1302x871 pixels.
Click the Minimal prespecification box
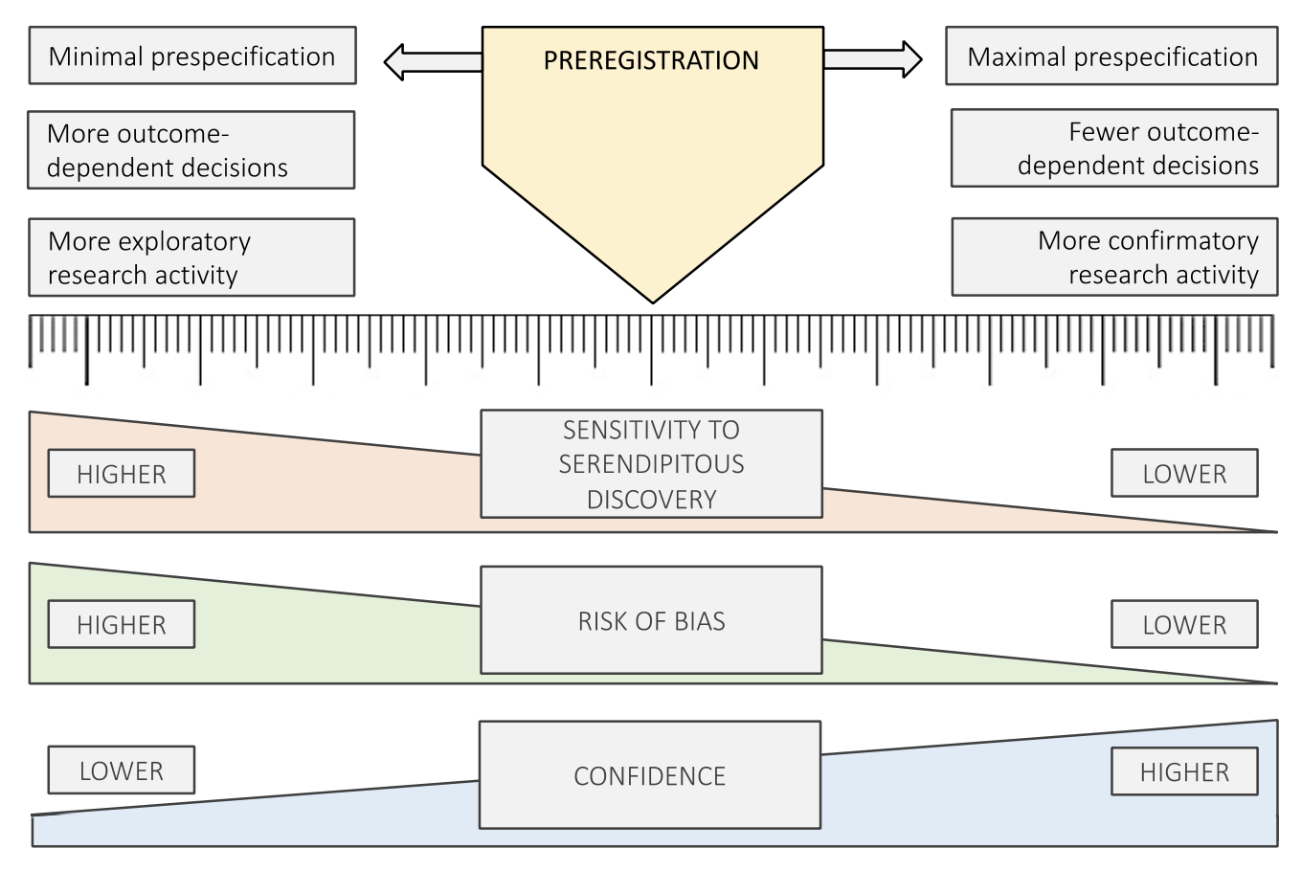coord(192,56)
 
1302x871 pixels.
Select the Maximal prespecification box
coord(1111,56)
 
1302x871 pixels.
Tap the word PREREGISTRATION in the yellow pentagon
coord(651,60)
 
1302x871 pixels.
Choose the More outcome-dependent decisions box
coord(191,150)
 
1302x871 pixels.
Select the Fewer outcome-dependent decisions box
coord(1114,148)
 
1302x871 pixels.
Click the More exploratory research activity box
coord(191,257)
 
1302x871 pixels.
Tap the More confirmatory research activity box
coord(1114,257)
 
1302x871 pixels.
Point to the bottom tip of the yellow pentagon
coord(653,300)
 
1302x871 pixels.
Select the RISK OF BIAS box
coord(651,621)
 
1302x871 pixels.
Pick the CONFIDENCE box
coord(649,775)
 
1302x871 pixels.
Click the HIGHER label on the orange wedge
coord(122,474)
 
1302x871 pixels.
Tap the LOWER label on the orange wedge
coord(1184,474)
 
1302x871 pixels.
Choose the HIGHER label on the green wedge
coord(122,625)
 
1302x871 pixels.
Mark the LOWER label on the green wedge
coord(1184,625)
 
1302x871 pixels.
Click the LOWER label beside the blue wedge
coord(122,770)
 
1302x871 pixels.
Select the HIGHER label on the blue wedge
coord(1184,772)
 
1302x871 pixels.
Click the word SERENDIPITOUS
coord(651,464)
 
